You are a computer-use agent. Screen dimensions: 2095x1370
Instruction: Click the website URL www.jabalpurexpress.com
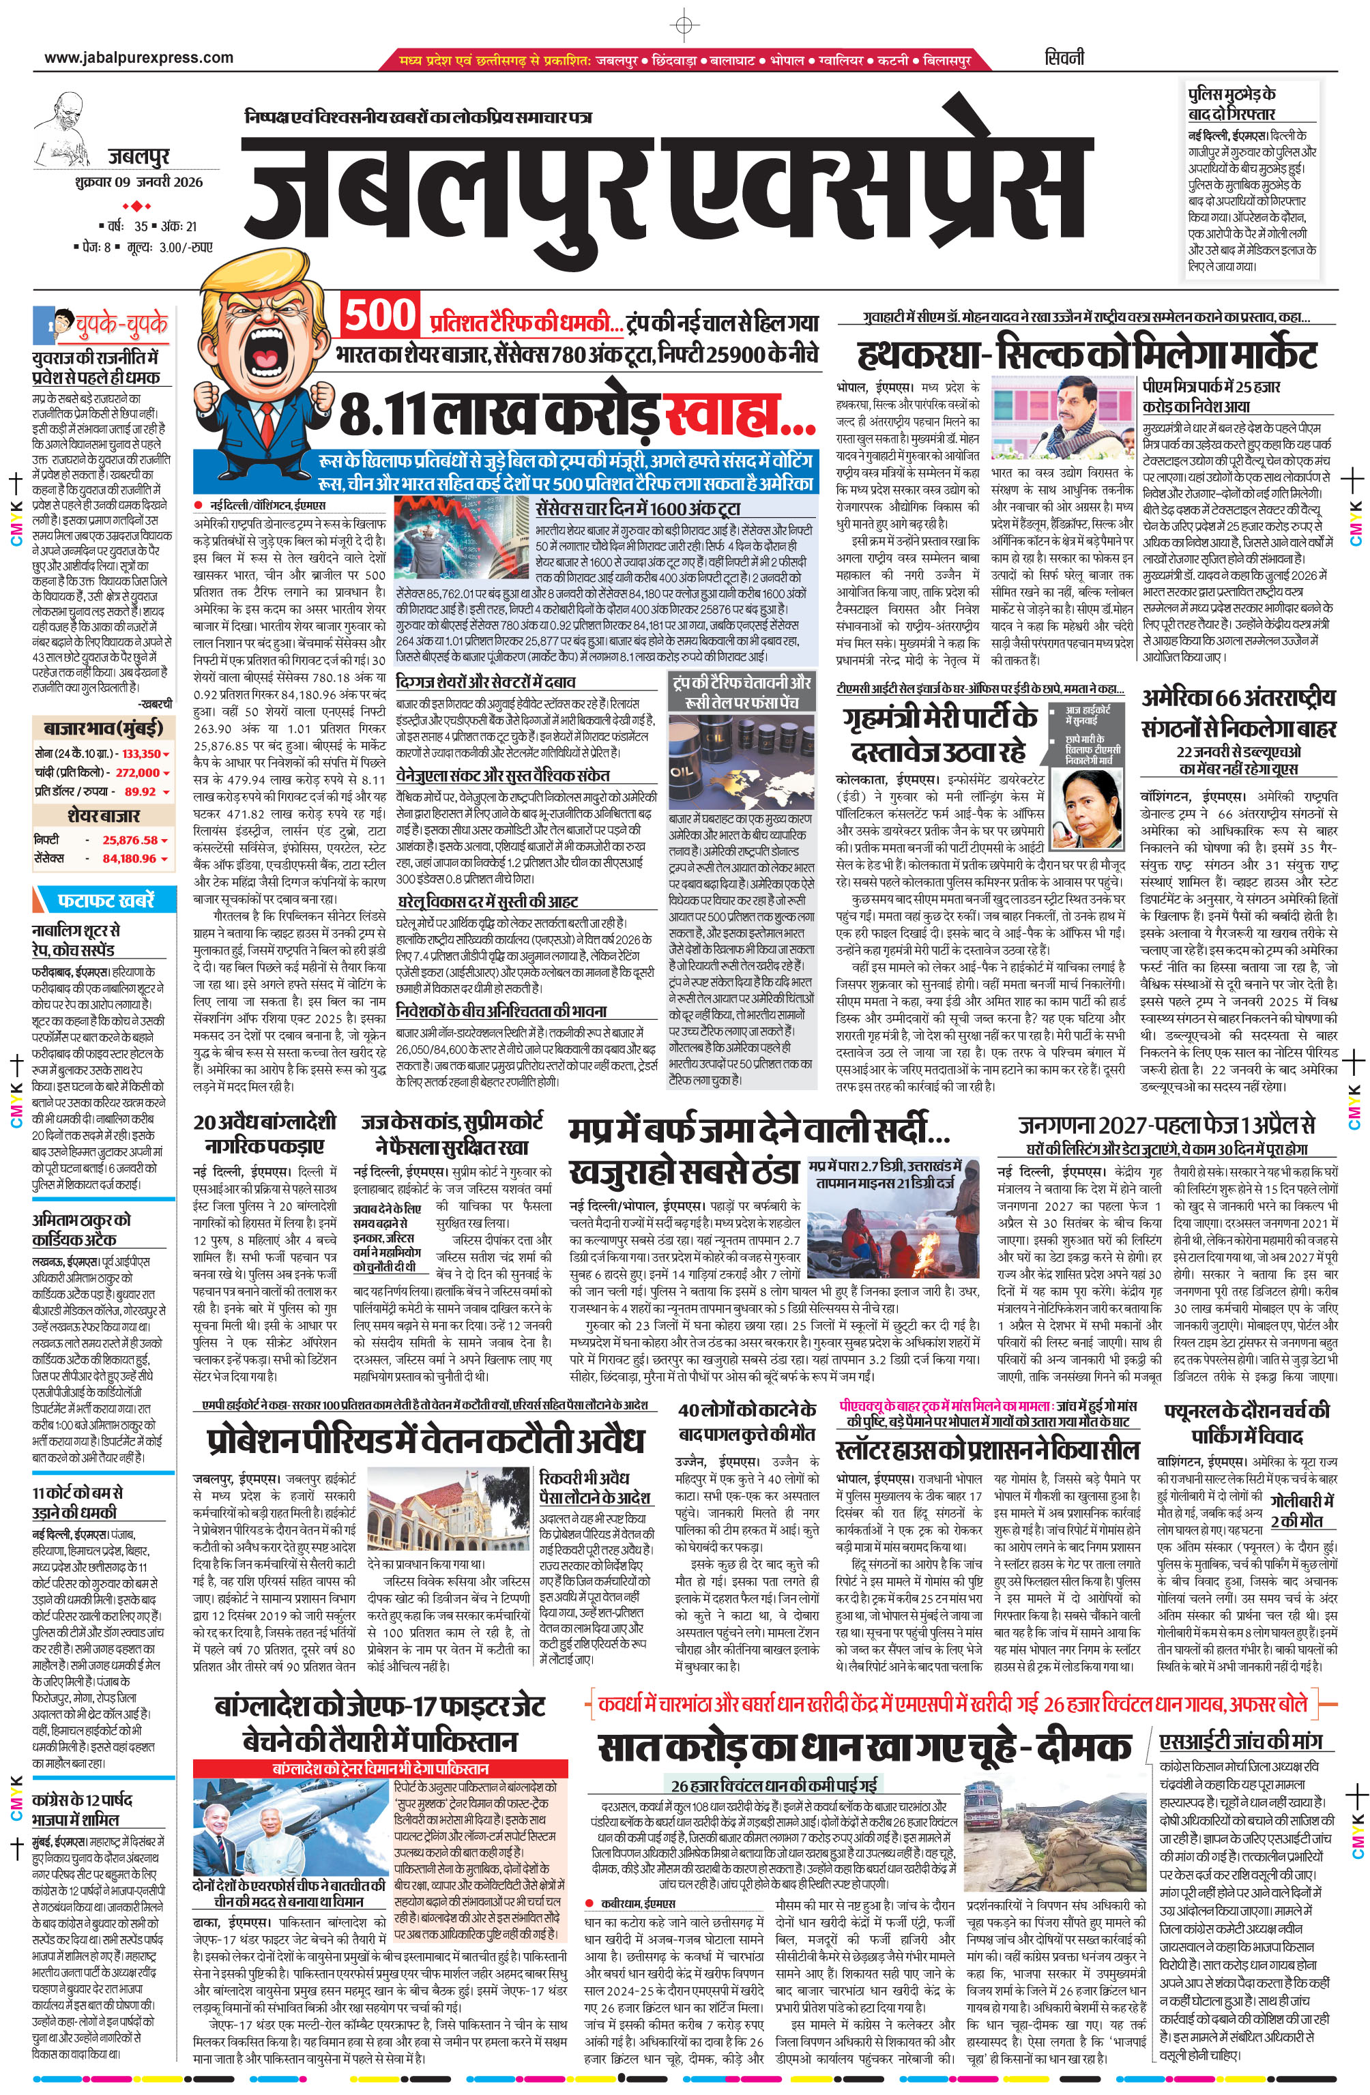pos(139,58)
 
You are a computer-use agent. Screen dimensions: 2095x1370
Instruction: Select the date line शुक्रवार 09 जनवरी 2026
pos(139,182)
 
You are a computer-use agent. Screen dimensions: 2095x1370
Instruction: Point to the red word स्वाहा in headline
pos(739,415)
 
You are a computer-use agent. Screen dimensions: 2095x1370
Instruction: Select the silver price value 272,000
pos(137,772)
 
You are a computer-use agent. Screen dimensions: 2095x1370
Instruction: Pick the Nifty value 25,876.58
pos(130,840)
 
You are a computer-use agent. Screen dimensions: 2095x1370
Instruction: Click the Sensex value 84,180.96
pos(130,858)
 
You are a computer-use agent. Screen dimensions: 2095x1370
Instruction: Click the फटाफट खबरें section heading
pos(106,900)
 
